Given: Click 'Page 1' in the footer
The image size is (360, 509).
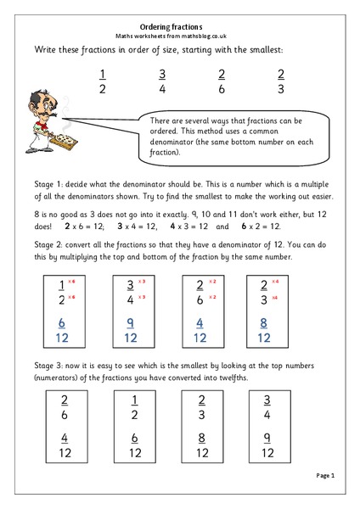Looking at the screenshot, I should (326, 476).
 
